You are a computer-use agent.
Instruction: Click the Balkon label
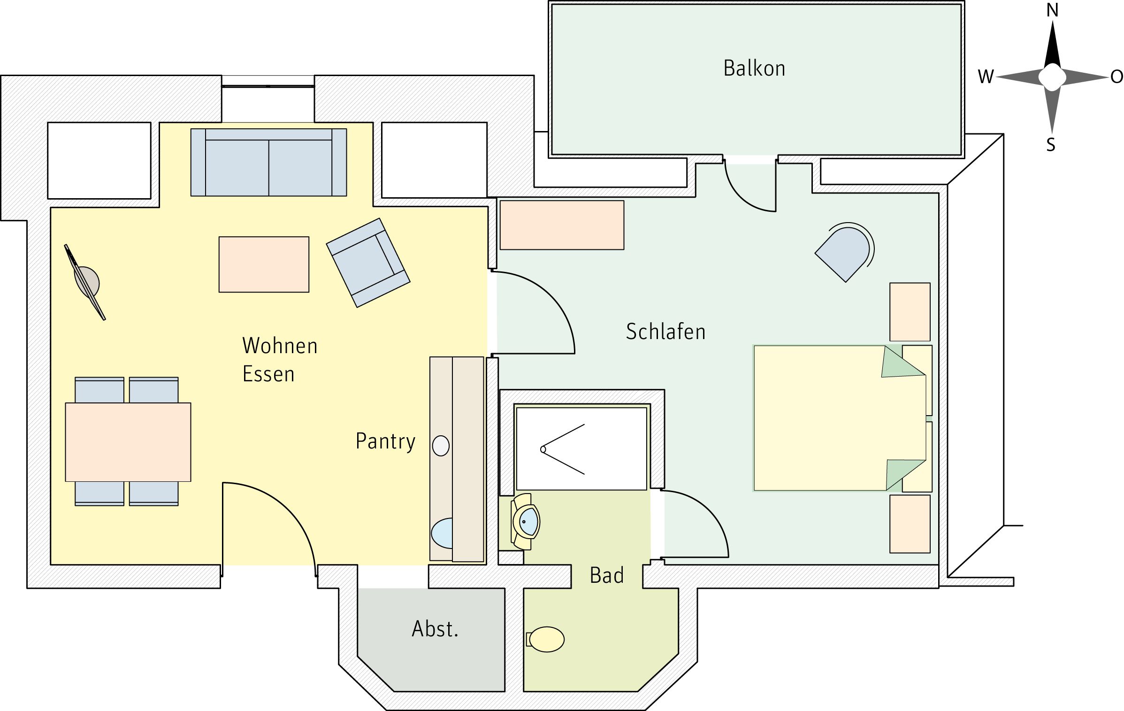pyautogui.click(x=754, y=69)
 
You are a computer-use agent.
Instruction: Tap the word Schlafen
pyautogui.click(x=665, y=332)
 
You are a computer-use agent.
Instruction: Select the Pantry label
pyautogui.click(x=385, y=441)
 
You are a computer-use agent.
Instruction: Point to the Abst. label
pyautogui.click(x=435, y=629)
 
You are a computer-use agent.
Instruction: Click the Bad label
pyautogui.click(x=607, y=575)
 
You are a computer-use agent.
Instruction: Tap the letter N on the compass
pyautogui.click(x=1053, y=10)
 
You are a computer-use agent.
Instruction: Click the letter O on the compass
pyautogui.click(x=1117, y=77)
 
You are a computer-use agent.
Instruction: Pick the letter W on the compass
pyautogui.click(x=986, y=77)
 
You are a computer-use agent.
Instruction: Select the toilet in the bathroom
pyautogui.click(x=545, y=639)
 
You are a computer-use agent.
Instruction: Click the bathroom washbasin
pyautogui.click(x=526, y=521)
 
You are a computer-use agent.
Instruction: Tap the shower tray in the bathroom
pyautogui.click(x=581, y=449)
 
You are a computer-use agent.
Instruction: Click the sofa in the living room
pyautogui.click(x=268, y=162)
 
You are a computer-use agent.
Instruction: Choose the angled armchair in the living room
pyautogui.click(x=368, y=263)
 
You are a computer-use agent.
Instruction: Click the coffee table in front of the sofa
pyautogui.click(x=264, y=264)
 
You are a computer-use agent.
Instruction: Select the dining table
pyautogui.click(x=128, y=442)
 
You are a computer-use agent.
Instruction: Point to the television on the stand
pyautogui.click(x=85, y=282)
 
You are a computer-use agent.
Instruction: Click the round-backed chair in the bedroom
pyautogui.click(x=845, y=252)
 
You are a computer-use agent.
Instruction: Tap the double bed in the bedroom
pyautogui.click(x=840, y=418)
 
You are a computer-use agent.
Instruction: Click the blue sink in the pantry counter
pyautogui.click(x=442, y=533)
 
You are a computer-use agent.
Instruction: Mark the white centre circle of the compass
pyautogui.click(x=1052, y=77)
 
